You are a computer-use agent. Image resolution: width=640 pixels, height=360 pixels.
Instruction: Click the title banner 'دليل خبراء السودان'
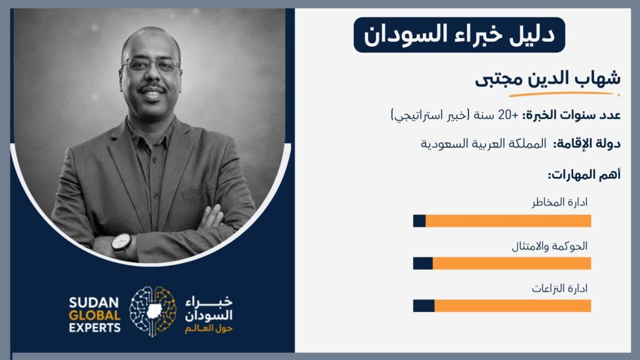[x=459, y=35]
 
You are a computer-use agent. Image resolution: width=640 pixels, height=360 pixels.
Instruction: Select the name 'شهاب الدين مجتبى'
[x=547, y=78]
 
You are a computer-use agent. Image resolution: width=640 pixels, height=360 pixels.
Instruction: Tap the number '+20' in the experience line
[x=508, y=115]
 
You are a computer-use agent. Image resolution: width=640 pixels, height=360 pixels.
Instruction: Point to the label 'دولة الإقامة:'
[x=586, y=144]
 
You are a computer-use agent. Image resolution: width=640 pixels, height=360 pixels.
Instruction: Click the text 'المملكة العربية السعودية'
[x=483, y=144]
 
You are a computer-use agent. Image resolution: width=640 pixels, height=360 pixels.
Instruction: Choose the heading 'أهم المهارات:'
[x=584, y=175]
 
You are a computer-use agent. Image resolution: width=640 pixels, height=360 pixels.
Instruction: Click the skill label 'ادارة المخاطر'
[x=559, y=202]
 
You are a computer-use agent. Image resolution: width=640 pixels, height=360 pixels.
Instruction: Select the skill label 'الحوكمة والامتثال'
[x=549, y=246]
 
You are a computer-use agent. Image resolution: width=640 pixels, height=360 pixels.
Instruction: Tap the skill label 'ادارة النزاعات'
[x=559, y=289]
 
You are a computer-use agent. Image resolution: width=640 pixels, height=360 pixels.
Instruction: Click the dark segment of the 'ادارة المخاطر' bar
[x=419, y=221]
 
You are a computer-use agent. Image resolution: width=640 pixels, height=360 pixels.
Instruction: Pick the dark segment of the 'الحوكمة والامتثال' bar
[x=423, y=263]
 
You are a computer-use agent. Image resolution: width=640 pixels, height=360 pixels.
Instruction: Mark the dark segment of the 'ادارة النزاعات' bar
[x=424, y=306]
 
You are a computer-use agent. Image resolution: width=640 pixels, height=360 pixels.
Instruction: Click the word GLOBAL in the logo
[x=95, y=316]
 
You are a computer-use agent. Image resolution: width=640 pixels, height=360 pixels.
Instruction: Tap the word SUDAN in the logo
[x=94, y=302]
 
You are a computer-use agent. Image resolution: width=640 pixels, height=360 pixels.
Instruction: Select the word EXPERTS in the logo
[x=95, y=327]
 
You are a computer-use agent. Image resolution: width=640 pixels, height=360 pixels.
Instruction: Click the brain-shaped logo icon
[x=153, y=311]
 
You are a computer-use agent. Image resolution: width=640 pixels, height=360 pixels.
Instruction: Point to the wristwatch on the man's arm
[x=121, y=243]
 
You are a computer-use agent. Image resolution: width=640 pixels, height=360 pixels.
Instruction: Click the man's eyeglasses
[x=151, y=65]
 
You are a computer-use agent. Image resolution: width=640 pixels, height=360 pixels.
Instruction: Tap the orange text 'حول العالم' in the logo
[x=209, y=329]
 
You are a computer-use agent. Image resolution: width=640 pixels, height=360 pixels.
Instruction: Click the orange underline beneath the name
[x=564, y=94]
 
